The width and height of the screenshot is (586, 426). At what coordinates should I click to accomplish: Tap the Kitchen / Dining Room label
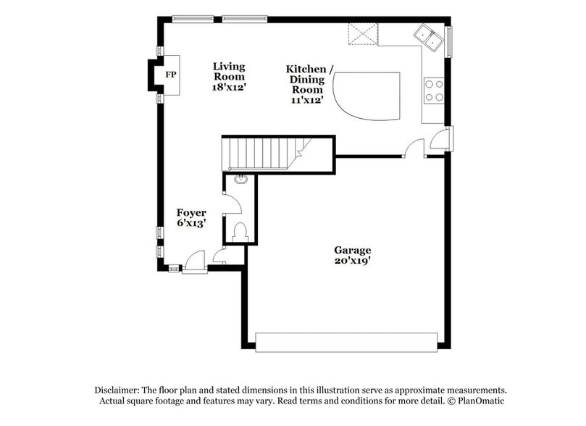pyautogui.click(x=310, y=83)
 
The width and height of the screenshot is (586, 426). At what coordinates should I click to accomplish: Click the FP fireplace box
pyautogui.click(x=169, y=75)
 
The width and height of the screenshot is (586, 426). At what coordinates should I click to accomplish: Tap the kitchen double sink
pyautogui.click(x=430, y=36)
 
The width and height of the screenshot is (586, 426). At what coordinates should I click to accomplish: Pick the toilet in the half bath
pyautogui.click(x=240, y=232)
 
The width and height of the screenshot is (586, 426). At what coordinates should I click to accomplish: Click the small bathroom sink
pyautogui.click(x=240, y=180)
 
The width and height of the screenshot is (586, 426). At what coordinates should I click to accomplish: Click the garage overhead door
pyautogui.click(x=347, y=342)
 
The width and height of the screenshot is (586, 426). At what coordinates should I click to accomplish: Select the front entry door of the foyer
pyautogui.click(x=195, y=262)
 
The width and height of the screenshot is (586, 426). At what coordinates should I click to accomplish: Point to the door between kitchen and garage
pyautogui.click(x=414, y=149)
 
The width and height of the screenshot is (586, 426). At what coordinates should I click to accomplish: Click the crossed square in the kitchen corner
pyautogui.click(x=362, y=34)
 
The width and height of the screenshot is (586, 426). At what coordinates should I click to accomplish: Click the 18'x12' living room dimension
pyautogui.click(x=229, y=86)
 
